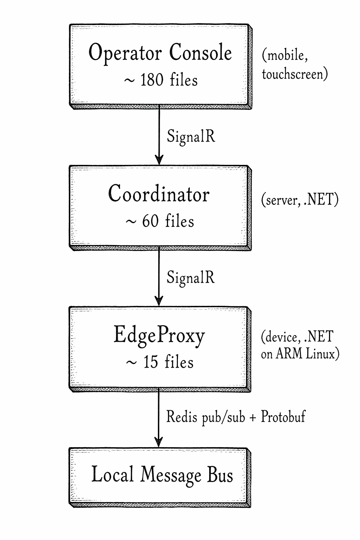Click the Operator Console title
coord(160,53)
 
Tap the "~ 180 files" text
coord(161,80)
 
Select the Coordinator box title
coord(159,194)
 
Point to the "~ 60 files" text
coord(160,221)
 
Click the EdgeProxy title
coord(159,335)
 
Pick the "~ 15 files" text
coord(160,362)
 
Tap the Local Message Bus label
coord(162,475)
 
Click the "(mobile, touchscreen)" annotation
coord(295,65)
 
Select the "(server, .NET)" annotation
coord(300,200)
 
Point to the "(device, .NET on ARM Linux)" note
coord(300,345)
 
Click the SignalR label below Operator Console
coord(191,136)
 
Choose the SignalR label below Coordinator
coord(191,277)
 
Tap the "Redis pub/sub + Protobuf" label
coord(236,417)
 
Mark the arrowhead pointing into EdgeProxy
coord(159,302)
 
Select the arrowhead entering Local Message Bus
coord(159,443)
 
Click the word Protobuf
coord(283,417)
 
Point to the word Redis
coord(181,417)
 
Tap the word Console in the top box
coord(200,53)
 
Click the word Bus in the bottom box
coord(220,475)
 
